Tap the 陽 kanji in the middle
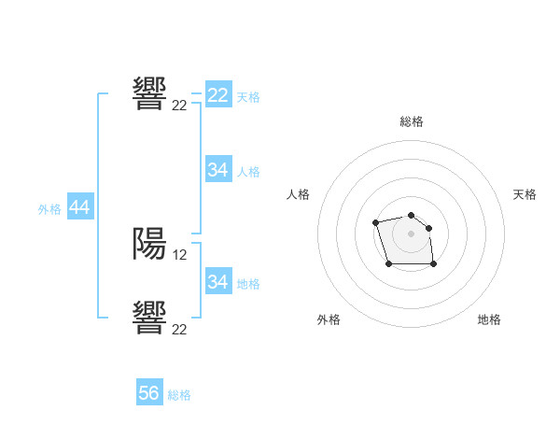(149, 243)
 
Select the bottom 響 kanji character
(149, 317)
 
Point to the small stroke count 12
(181, 254)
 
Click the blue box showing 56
(149, 393)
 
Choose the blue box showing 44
(80, 208)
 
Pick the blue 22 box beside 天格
(218, 95)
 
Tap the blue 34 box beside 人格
(218, 170)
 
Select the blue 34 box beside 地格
(218, 282)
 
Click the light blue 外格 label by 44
(49, 209)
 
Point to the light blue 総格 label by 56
(179, 395)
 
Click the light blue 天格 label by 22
(248, 96)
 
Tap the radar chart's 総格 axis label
(412, 121)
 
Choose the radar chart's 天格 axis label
(525, 194)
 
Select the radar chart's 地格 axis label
(489, 319)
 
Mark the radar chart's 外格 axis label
(329, 319)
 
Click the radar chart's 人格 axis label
(299, 194)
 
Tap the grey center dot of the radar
(412, 233)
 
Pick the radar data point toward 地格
(434, 264)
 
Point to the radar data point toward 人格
(375, 222)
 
